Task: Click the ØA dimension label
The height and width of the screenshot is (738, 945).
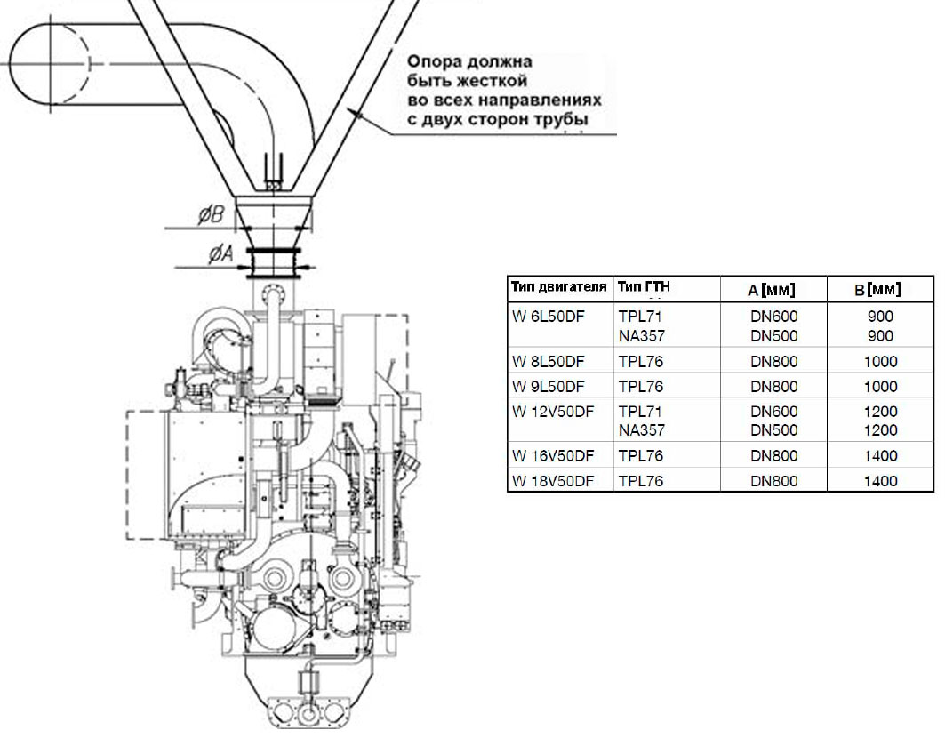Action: (221, 253)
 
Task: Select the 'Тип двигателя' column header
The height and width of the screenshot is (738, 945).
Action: (558, 286)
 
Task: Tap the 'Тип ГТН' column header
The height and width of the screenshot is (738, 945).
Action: (644, 286)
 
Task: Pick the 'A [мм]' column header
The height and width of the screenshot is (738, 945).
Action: (772, 290)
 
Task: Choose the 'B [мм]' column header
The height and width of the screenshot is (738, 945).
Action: (877, 289)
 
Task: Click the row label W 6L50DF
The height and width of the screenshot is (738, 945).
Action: (548, 316)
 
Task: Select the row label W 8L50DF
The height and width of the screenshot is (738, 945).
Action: (548, 362)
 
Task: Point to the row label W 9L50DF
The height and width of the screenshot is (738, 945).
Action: (548, 387)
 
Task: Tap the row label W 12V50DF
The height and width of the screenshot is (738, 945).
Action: (553, 412)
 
